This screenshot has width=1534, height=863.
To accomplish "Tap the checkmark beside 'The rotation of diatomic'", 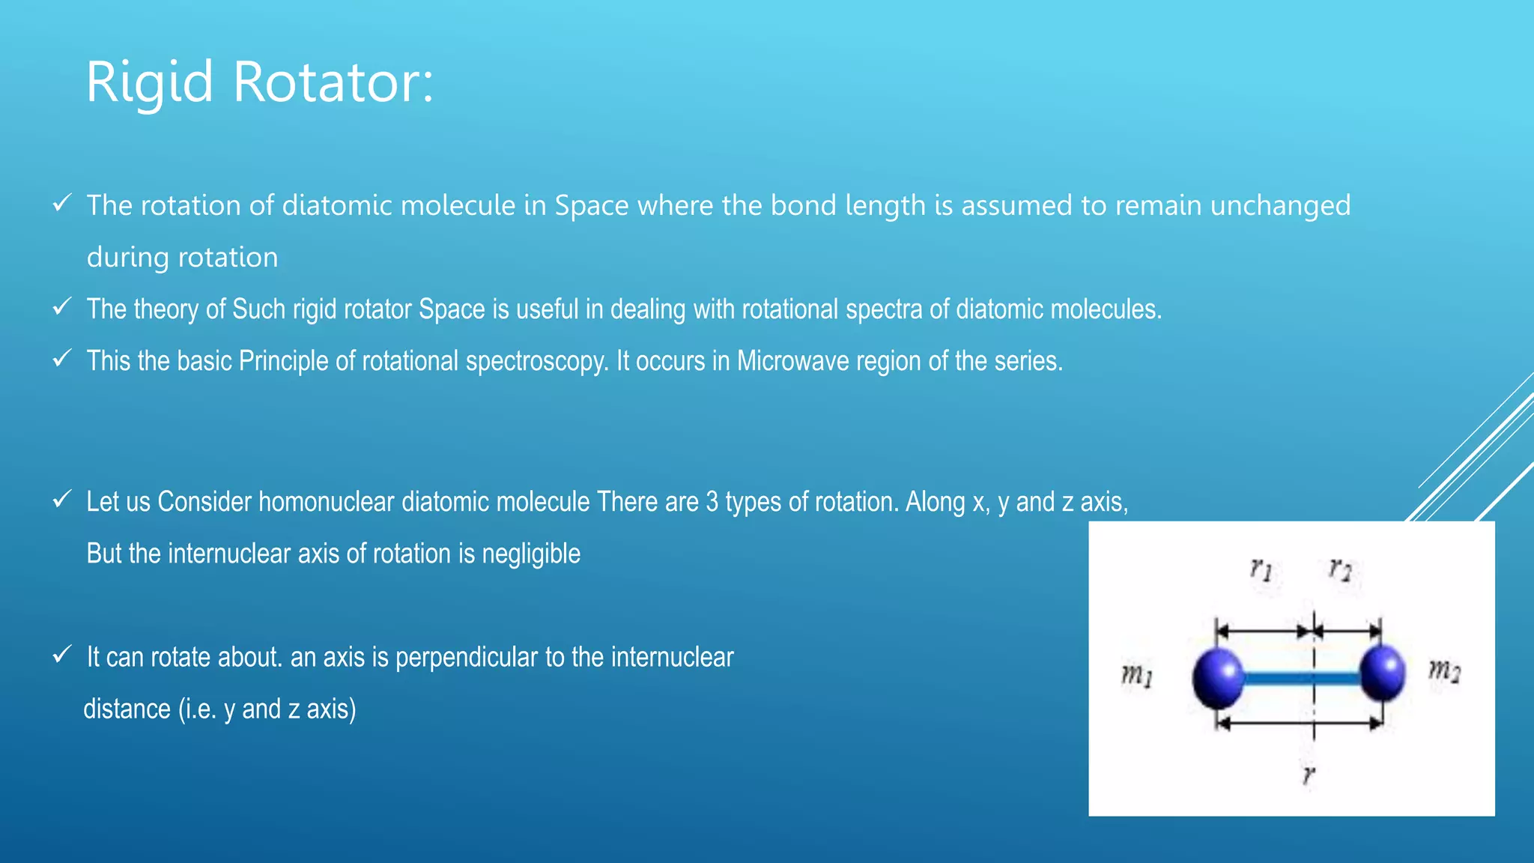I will pyautogui.click(x=62, y=203).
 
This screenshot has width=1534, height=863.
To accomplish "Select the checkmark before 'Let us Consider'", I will pyautogui.click(x=62, y=499).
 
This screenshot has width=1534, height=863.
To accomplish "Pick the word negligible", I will pyautogui.click(x=531, y=554).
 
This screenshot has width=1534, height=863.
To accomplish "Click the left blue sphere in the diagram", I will pyautogui.click(x=1218, y=678).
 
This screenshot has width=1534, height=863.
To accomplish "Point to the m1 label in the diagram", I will pyautogui.click(x=1137, y=676).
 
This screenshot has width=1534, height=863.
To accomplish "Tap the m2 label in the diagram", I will pyautogui.click(x=1444, y=669).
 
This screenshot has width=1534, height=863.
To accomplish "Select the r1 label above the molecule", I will pyautogui.click(x=1261, y=570).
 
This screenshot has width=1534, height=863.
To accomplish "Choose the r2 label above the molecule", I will pyautogui.click(x=1340, y=569).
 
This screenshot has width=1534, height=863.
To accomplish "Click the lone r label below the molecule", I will pyautogui.click(x=1309, y=775).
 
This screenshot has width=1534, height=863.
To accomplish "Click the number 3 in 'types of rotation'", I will pyautogui.click(x=712, y=502).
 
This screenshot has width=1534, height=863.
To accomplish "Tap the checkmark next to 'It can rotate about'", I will pyautogui.click(x=62, y=655).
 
